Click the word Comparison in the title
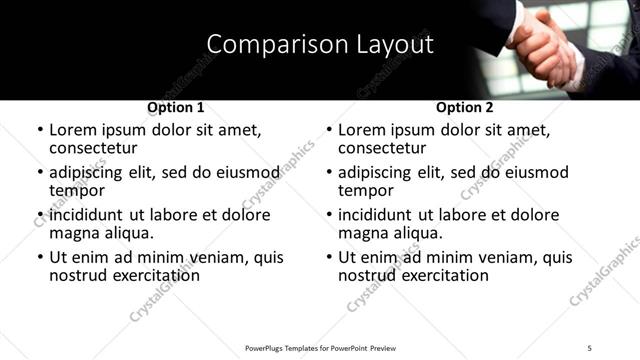[267, 44]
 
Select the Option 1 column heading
[176, 107]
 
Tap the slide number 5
[590, 347]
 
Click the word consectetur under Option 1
[93, 147]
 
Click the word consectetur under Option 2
[382, 147]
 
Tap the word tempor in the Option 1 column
[77, 190]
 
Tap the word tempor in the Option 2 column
[366, 190]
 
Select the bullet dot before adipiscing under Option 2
[329, 172]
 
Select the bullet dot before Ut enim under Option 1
[40, 258]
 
